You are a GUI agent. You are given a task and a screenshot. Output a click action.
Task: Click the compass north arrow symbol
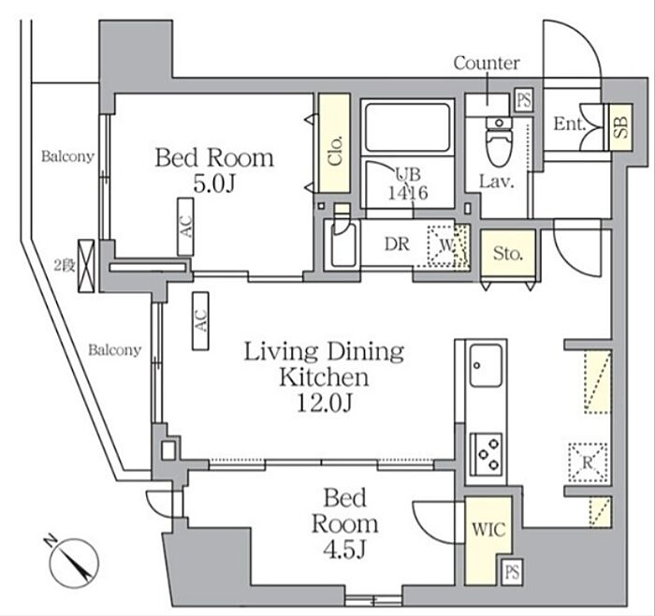point(74,563)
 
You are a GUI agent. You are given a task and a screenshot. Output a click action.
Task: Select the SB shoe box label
point(621,127)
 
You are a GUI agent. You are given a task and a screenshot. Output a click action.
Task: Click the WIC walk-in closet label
point(488,530)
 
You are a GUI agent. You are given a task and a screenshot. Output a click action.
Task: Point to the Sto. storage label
point(508,254)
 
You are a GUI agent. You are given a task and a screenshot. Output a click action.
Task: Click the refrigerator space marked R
point(588,462)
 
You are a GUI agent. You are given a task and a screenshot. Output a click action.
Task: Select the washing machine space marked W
point(446,245)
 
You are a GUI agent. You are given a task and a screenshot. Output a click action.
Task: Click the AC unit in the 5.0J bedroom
point(185,227)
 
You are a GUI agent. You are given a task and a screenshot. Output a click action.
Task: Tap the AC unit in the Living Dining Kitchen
point(200,320)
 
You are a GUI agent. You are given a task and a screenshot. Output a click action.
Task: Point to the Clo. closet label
point(335,151)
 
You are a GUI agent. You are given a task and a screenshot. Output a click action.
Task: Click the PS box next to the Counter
point(524,100)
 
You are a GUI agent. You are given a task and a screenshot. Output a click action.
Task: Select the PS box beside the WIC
point(512,572)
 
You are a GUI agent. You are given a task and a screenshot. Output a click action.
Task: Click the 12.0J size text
point(325,403)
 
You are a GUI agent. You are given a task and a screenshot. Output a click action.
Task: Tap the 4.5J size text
point(344,550)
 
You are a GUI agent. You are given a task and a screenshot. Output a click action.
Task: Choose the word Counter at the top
point(487,63)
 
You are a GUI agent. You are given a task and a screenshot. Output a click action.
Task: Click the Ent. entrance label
point(570,124)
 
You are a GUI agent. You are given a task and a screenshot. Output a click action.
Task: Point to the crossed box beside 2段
point(87,266)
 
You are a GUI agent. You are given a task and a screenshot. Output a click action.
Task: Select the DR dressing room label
point(397,244)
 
